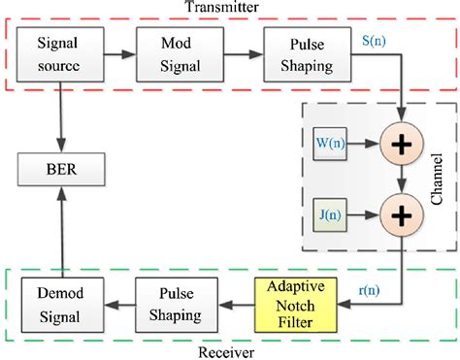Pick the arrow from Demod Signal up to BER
coord(61,236)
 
